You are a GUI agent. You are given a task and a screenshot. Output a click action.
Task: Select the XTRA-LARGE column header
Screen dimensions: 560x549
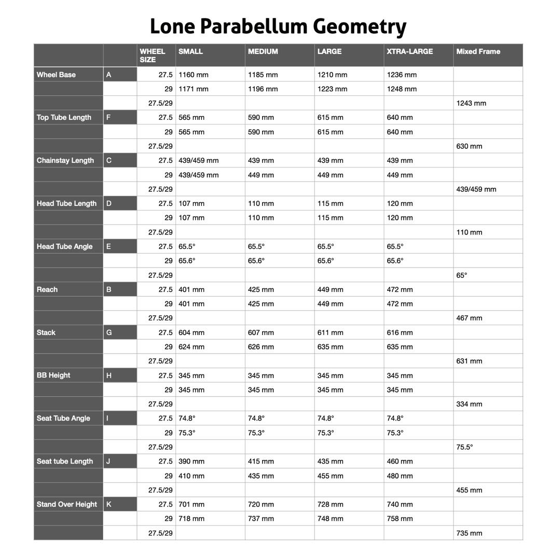pyautogui.click(x=409, y=51)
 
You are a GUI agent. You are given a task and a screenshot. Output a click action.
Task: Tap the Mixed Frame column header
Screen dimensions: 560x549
pyautogui.click(x=478, y=51)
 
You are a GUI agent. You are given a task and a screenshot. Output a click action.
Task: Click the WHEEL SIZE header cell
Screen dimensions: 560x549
pyautogui.click(x=152, y=55)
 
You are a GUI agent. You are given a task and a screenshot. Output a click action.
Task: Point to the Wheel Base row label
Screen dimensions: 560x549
pyautogui.click(x=56, y=75)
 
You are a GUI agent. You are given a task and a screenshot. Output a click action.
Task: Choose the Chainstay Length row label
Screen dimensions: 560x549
pyautogui.click(x=65, y=160)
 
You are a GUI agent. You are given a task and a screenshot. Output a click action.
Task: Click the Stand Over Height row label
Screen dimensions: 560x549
pyautogui.click(x=66, y=504)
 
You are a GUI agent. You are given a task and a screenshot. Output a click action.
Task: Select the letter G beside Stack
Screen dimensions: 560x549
pyautogui.click(x=108, y=332)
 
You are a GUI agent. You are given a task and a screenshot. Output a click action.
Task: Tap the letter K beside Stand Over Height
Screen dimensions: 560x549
pyautogui.click(x=108, y=504)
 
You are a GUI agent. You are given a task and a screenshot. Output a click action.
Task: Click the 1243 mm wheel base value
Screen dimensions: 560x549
pyautogui.click(x=471, y=103)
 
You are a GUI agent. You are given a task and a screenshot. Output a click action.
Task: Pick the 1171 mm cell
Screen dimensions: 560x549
pyautogui.click(x=193, y=89)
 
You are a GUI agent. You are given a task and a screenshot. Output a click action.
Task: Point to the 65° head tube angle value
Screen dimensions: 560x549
pyautogui.click(x=461, y=275)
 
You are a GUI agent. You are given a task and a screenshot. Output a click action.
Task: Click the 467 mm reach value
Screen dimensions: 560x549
pyautogui.click(x=469, y=318)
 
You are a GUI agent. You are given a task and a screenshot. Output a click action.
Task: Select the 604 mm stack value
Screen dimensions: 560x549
pyautogui.click(x=191, y=332)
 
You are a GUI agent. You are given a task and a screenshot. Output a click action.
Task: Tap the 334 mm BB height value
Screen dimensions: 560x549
pyautogui.click(x=469, y=404)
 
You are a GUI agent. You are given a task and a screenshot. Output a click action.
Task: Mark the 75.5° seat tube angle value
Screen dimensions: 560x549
pyautogui.click(x=464, y=447)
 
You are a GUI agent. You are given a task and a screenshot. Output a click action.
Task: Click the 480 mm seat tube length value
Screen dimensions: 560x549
pyautogui.click(x=400, y=475)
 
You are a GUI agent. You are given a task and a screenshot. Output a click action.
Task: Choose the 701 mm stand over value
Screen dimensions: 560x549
pyautogui.click(x=191, y=504)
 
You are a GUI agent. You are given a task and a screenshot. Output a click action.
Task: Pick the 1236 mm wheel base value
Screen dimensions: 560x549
pyautogui.click(x=402, y=75)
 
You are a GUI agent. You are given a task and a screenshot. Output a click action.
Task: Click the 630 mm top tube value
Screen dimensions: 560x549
pyautogui.click(x=469, y=146)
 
